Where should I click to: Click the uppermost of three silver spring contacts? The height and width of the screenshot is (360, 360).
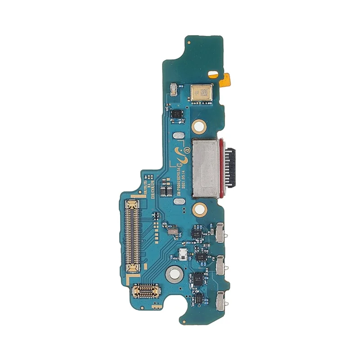(221, 231)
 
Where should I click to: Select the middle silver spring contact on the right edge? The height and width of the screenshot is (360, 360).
(220, 265)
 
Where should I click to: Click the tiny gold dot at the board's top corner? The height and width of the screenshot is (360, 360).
(189, 42)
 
